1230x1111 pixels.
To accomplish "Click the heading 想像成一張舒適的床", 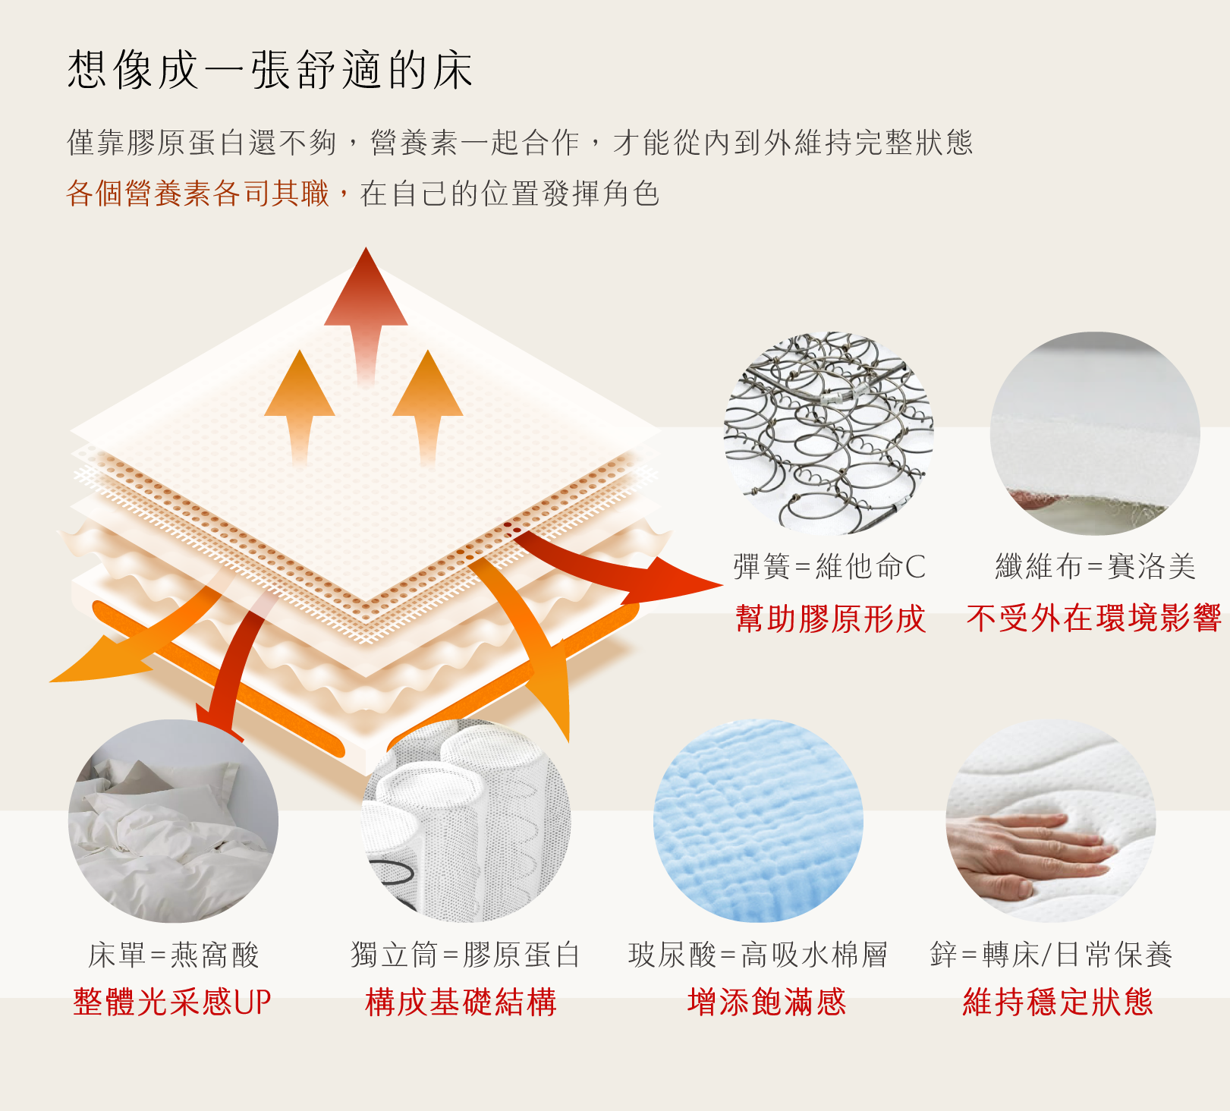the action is point(270,70).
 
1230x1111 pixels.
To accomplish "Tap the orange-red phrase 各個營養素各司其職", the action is point(198,194).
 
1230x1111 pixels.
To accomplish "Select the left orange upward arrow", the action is point(300,407).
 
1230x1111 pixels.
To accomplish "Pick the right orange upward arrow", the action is point(428,407).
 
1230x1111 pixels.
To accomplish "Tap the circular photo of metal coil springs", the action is point(829,433).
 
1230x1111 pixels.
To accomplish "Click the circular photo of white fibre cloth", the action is point(1095,433).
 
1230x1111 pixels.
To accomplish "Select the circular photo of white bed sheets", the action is point(173,821).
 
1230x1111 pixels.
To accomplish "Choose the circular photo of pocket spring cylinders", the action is point(466,821).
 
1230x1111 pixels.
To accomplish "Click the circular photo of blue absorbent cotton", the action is point(758,821).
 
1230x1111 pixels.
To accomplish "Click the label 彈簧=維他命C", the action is point(829,567).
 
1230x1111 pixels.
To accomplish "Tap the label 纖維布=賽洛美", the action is point(1095,567).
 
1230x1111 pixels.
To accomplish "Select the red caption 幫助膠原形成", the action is point(830,618).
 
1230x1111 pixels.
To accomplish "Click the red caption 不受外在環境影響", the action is point(1094,618).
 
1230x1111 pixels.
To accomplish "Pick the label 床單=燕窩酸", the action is point(174,955).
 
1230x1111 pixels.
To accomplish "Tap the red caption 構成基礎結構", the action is point(461,1002).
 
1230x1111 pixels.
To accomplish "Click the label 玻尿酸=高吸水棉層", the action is point(758,955).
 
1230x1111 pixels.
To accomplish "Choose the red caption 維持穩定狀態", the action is point(1058,1002).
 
